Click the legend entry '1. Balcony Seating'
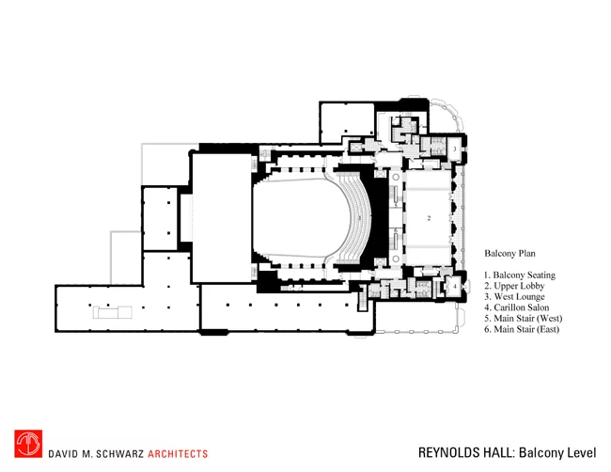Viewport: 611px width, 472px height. coord(520,275)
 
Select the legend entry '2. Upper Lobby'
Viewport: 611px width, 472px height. coord(514,286)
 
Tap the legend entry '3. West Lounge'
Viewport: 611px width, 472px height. coord(514,297)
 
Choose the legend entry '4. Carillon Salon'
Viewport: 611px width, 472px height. coord(517,307)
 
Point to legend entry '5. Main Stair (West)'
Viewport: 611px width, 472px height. coord(524,319)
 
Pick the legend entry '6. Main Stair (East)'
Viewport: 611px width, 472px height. coord(522,329)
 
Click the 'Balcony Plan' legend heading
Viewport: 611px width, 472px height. coord(509,254)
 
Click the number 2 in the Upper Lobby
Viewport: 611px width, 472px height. coord(429,218)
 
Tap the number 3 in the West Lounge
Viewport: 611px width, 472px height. coord(454,149)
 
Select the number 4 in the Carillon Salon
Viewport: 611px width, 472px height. coord(454,286)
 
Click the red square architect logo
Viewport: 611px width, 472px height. coord(28,444)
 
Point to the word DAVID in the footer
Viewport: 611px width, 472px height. coord(60,454)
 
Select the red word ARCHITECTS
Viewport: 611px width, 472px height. coord(178,454)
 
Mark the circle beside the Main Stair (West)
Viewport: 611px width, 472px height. coord(396,178)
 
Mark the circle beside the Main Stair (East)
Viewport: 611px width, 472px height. coord(396,259)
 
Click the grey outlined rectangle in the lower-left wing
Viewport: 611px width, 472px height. coord(112,312)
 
